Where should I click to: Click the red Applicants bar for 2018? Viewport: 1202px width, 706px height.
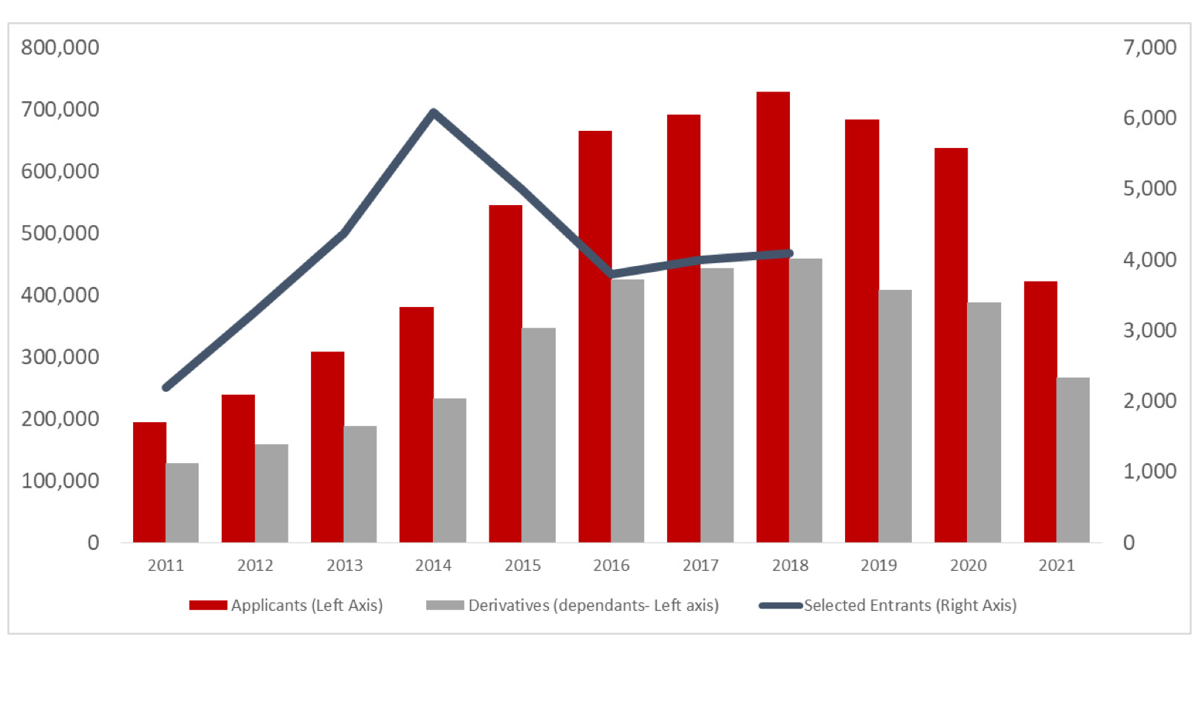point(773,320)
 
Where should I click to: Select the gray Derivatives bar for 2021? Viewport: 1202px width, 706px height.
point(1073,461)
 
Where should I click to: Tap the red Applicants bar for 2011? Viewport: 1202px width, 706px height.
point(150,483)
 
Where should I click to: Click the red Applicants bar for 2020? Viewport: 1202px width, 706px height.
point(951,346)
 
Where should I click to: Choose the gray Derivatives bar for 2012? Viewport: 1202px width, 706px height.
point(271,493)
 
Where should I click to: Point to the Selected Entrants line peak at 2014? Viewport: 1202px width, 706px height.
point(434,113)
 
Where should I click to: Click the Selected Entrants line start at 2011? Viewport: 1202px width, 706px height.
point(166,387)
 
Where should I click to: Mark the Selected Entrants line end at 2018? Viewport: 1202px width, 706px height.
point(789,253)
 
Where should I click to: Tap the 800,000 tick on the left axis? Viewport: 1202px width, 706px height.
point(60,48)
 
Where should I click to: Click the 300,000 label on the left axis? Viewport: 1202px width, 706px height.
point(60,357)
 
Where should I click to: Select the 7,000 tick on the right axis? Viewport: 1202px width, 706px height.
point(1149,48)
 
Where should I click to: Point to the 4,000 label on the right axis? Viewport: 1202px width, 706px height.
point(1149,260)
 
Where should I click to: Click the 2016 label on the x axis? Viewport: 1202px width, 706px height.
point(611,566)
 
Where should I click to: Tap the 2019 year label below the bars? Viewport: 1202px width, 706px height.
point(878,566)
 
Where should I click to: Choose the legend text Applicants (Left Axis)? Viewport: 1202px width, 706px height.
point(306,606)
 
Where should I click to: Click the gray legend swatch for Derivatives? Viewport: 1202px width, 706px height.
point(445,606)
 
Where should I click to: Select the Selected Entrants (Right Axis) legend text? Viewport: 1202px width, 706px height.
point(910,606)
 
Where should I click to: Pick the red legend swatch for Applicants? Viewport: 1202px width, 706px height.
point(208,606)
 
